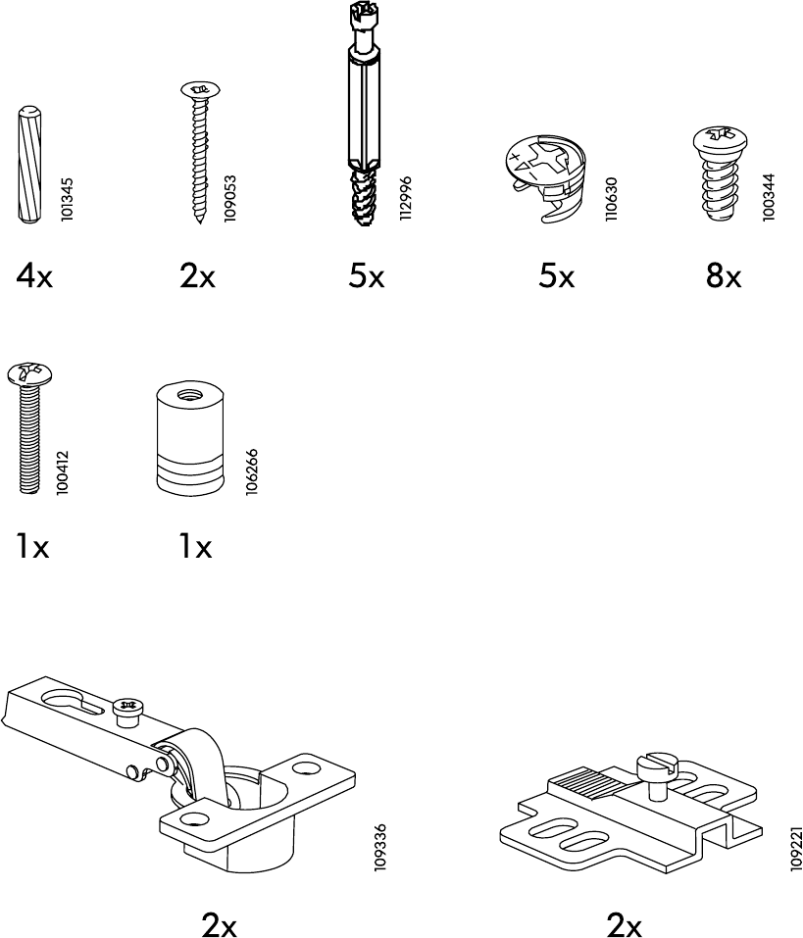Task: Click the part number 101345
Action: tap(68, 200)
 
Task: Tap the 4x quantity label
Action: tap(34, 277)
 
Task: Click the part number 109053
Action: tap(230, 199)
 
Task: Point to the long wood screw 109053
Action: tap(199, 151)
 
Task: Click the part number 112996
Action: tap(405, 199)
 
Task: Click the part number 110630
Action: tap(611, 200)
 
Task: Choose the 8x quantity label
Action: tap(723, 277)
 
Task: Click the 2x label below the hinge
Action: tap(220, 923)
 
